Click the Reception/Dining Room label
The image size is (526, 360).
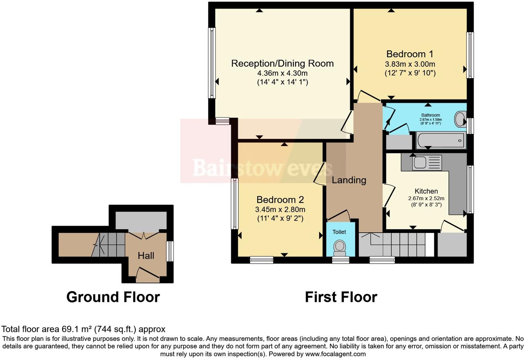(x=282, y=63)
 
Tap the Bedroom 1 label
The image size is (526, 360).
(x=410, y=54)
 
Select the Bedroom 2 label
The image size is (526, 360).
(x=280, y=200)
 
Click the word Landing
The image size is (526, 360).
(x=348, y=180)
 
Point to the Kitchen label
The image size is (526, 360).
(x=426, y=191)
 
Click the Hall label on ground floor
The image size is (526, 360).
(x=146, y=256)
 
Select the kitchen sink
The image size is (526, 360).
(x=420, y=162)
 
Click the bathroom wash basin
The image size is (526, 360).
(x=460, y=119)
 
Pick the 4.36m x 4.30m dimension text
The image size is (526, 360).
(x=282, y=73)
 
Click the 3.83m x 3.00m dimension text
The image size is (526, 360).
(x=410, y=64)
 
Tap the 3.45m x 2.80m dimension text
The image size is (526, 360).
(x=280, y=209)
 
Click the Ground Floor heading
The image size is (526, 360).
(x=113, y=297)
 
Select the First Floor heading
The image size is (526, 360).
(x=341, y=297)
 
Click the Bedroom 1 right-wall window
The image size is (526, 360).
(x=470, y=55)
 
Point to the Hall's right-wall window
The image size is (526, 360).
(x=170, y=251)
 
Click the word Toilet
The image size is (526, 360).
(x=339, y=232)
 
